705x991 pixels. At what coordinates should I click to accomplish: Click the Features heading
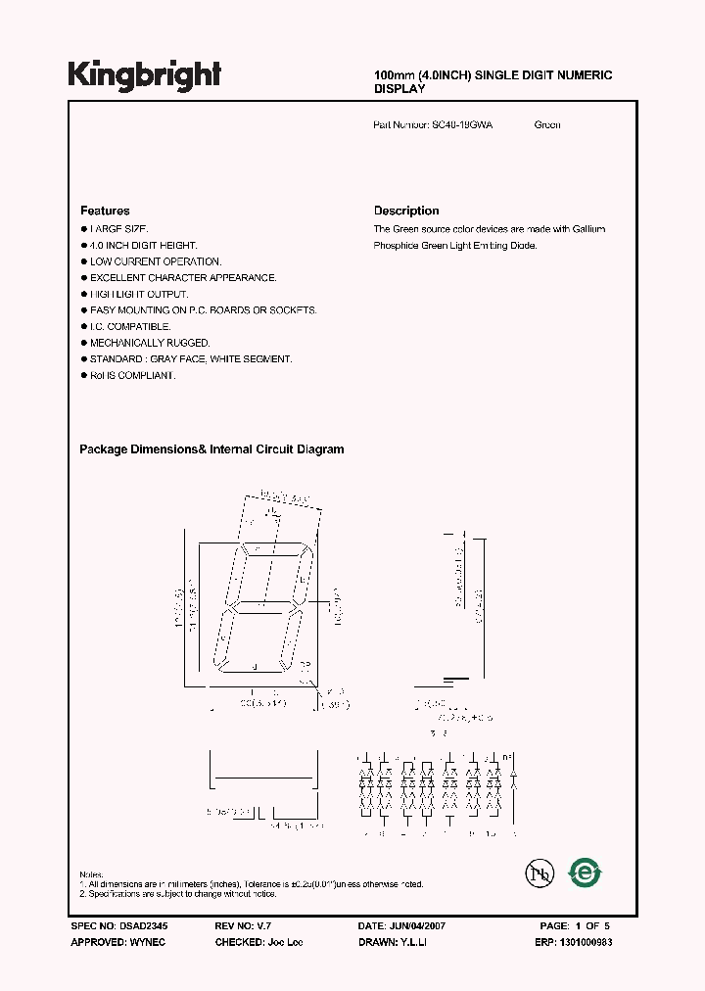tap(105, 211)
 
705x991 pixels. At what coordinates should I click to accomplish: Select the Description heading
tap(406, 211)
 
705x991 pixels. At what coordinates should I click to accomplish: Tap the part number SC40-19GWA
tap(461, 125)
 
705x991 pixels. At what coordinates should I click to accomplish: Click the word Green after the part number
tap(547, 125)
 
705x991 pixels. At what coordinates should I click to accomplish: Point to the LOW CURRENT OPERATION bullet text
tap(156, 261)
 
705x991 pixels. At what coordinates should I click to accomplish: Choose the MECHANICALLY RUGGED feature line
tap(150, 343)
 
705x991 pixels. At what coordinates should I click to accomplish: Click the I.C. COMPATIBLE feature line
tap(130, 326)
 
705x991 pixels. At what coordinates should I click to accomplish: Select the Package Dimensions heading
tap(211, 449)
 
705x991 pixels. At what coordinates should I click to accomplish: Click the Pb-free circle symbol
tap(539, 873)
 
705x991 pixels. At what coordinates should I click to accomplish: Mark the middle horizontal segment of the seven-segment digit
tap(260, 603)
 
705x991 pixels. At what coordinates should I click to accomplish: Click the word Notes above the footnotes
tap(91, 873)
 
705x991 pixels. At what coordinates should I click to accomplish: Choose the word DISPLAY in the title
tap(399, 89)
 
